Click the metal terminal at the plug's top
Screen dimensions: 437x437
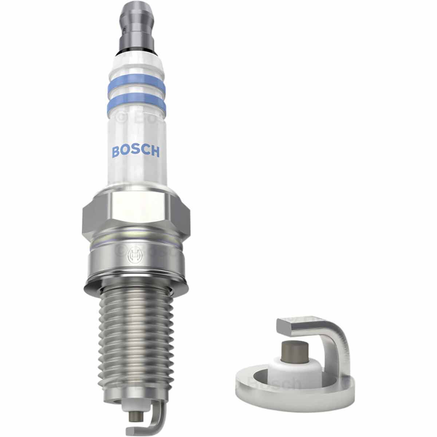tap(136, 22)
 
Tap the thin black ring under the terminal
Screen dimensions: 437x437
tap(136, 49)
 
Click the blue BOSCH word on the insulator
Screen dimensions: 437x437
tap(135, 151)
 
